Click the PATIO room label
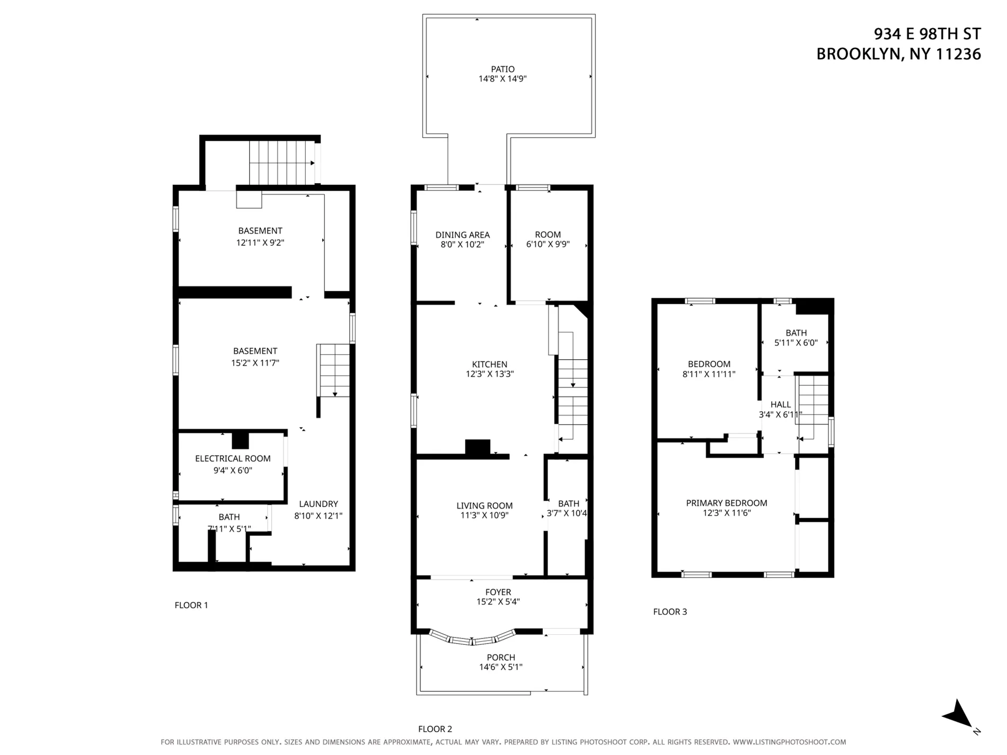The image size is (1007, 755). tap(502, 69)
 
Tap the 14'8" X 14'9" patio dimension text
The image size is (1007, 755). tap(502, 79)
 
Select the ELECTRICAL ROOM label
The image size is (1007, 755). tap(233, 459)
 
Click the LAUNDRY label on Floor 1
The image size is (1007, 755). tap(318, 504)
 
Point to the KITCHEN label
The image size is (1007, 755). tap(490, 365)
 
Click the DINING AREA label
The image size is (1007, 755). tap(462, 235)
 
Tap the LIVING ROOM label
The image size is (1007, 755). tap(484, 505)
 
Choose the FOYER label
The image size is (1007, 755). tap(498, 592)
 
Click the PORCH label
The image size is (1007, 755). tap(501, 658)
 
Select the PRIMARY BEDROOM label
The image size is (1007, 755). tap(727, 503)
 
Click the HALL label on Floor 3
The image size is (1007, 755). tap(780, 405)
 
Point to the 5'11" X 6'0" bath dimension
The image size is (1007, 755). tap(796, 343)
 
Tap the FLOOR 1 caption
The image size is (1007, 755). tap(191, 605)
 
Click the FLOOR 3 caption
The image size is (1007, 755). tap(670, 611)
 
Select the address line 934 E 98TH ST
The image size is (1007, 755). tap(927, 34)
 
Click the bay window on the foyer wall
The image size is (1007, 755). tap(472, 638)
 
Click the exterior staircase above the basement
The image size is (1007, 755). tap(282, 163)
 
